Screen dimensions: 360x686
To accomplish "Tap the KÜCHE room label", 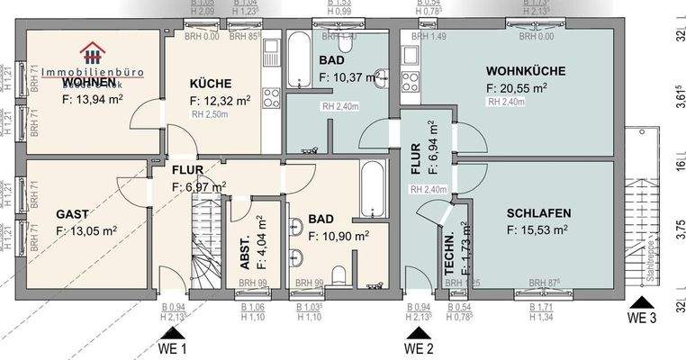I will coord(211,83).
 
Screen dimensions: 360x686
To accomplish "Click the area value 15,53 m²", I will coord(537,231).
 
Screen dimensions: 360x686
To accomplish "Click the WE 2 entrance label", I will coord(419,348).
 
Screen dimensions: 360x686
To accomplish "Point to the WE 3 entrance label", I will coord(643,318).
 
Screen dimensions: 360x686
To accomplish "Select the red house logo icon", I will coord(91,51).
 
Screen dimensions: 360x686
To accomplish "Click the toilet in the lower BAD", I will coord(338,274).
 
